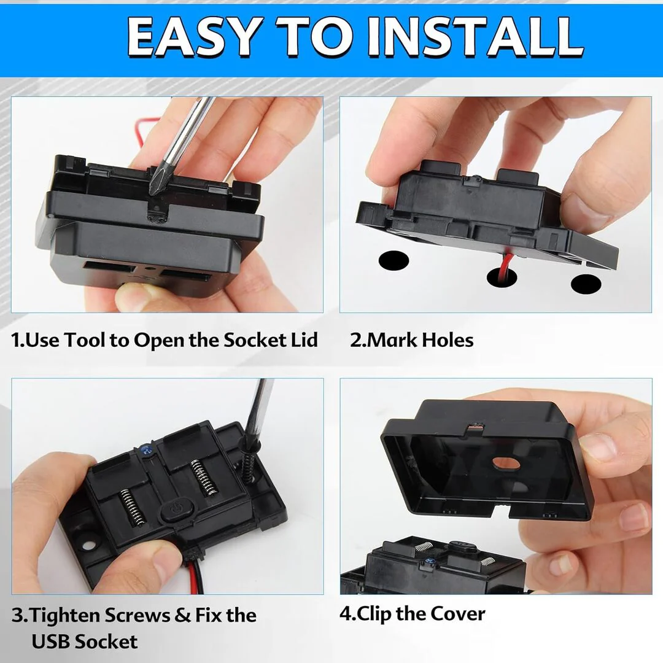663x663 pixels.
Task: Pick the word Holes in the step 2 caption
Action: coord(448,340)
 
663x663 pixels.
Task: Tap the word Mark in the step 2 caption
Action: coord(392,340)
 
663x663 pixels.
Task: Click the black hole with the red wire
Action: coord(502,276)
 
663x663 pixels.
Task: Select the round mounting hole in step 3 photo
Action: coord(88,545)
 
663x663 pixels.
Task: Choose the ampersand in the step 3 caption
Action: coord(182,615)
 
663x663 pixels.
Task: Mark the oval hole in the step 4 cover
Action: coord(506,463)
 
